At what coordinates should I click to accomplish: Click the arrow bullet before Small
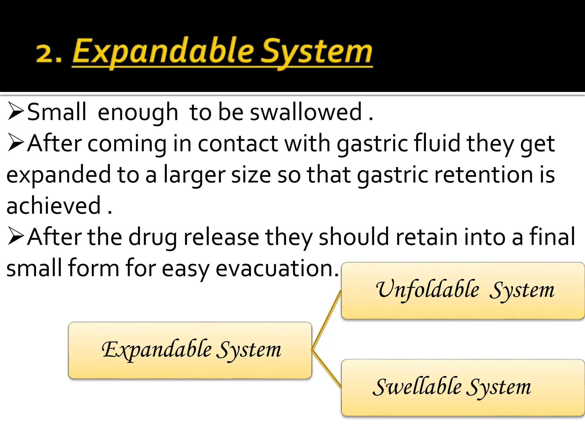point(15,111)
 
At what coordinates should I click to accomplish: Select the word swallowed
point(306,112)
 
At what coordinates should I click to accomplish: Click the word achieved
point(53,206)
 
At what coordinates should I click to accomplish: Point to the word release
point(221,237)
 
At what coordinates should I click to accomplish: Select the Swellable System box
point(463,388)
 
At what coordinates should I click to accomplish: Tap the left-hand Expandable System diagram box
point(190,350)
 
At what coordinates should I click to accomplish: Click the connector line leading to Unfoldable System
point(326,320)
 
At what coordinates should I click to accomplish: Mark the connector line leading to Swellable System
point(326,369)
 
